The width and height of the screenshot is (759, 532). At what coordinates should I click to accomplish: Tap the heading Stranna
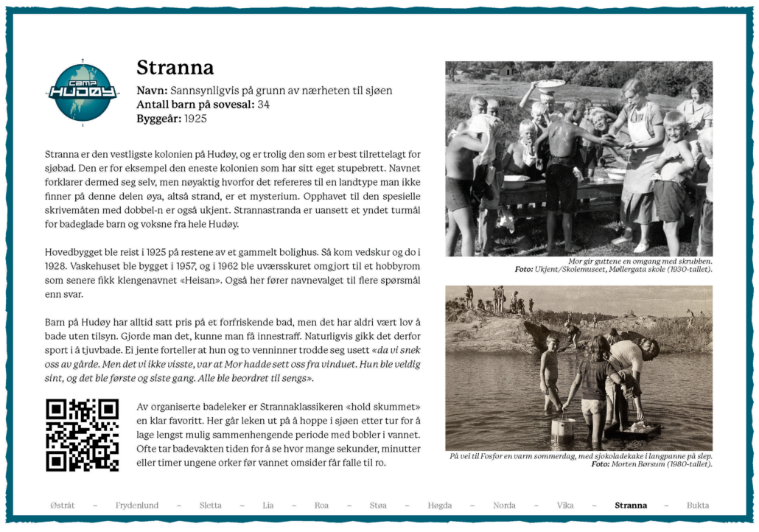175,68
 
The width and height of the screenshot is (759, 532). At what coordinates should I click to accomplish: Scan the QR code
82,435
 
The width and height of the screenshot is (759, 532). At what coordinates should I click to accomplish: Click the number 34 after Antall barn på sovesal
264,105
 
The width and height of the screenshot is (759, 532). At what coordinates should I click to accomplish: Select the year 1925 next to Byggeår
195,118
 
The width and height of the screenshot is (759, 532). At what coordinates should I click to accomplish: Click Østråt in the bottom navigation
63,505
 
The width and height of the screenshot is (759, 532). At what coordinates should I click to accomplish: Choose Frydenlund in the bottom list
137,505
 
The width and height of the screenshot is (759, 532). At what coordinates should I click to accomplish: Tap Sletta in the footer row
210,505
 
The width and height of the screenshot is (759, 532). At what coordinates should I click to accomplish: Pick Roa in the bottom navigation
321,505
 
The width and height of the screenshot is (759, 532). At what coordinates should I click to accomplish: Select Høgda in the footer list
440,505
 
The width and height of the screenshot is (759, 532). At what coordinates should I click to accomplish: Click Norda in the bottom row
504,505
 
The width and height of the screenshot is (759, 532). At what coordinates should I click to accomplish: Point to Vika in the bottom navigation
565,505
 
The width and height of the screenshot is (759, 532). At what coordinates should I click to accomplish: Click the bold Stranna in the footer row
631,505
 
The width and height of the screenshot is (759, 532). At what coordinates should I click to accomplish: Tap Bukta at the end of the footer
698,505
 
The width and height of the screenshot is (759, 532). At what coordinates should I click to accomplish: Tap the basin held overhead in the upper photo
550,84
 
